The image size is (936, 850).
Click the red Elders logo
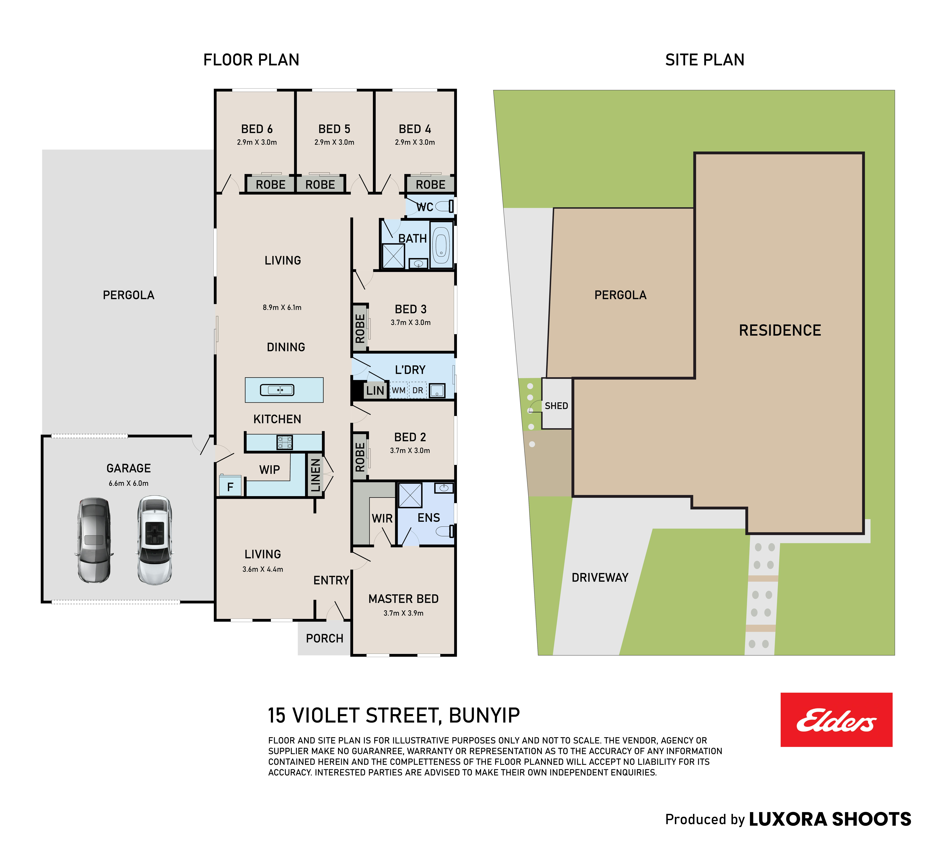pos(836,720)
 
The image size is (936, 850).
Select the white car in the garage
pos(155,540)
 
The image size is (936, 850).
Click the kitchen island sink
pos(277,390)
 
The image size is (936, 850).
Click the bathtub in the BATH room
pos(441,245)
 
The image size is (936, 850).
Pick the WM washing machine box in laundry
pos(398,390)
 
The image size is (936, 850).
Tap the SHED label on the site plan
pos(556,406)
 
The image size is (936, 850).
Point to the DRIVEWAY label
pos(600,577)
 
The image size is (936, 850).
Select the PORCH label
pos(324,638)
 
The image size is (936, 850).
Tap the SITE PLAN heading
pos(705,60)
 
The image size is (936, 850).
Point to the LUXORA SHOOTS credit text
pos(830,819)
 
